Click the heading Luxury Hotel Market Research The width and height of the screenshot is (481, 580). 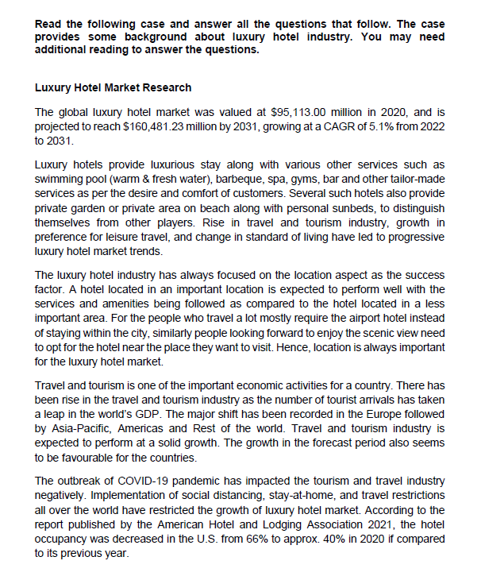pyautogui.click(x=114, y=87)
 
